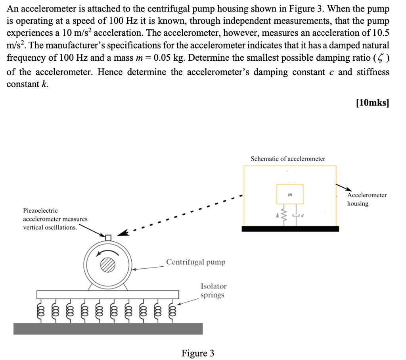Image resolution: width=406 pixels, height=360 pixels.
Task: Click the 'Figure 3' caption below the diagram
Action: pos(197,353)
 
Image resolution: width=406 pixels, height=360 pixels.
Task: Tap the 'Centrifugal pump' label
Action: pos(195,262)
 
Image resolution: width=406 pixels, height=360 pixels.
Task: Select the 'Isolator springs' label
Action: pos(213,291)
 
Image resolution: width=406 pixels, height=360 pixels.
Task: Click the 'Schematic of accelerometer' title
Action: pos(288,159)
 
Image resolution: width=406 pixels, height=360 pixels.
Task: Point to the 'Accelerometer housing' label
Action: pos(367,199)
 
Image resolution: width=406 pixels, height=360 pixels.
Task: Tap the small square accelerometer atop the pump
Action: pos(108,237)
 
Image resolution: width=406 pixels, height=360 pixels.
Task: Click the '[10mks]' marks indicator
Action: pos(373,104)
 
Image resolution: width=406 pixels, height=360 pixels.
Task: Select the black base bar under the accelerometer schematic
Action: pos(290,229)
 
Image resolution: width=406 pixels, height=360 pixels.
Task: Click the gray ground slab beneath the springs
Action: pos(108,329)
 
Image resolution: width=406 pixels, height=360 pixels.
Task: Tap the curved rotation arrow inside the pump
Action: pos(101,251)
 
